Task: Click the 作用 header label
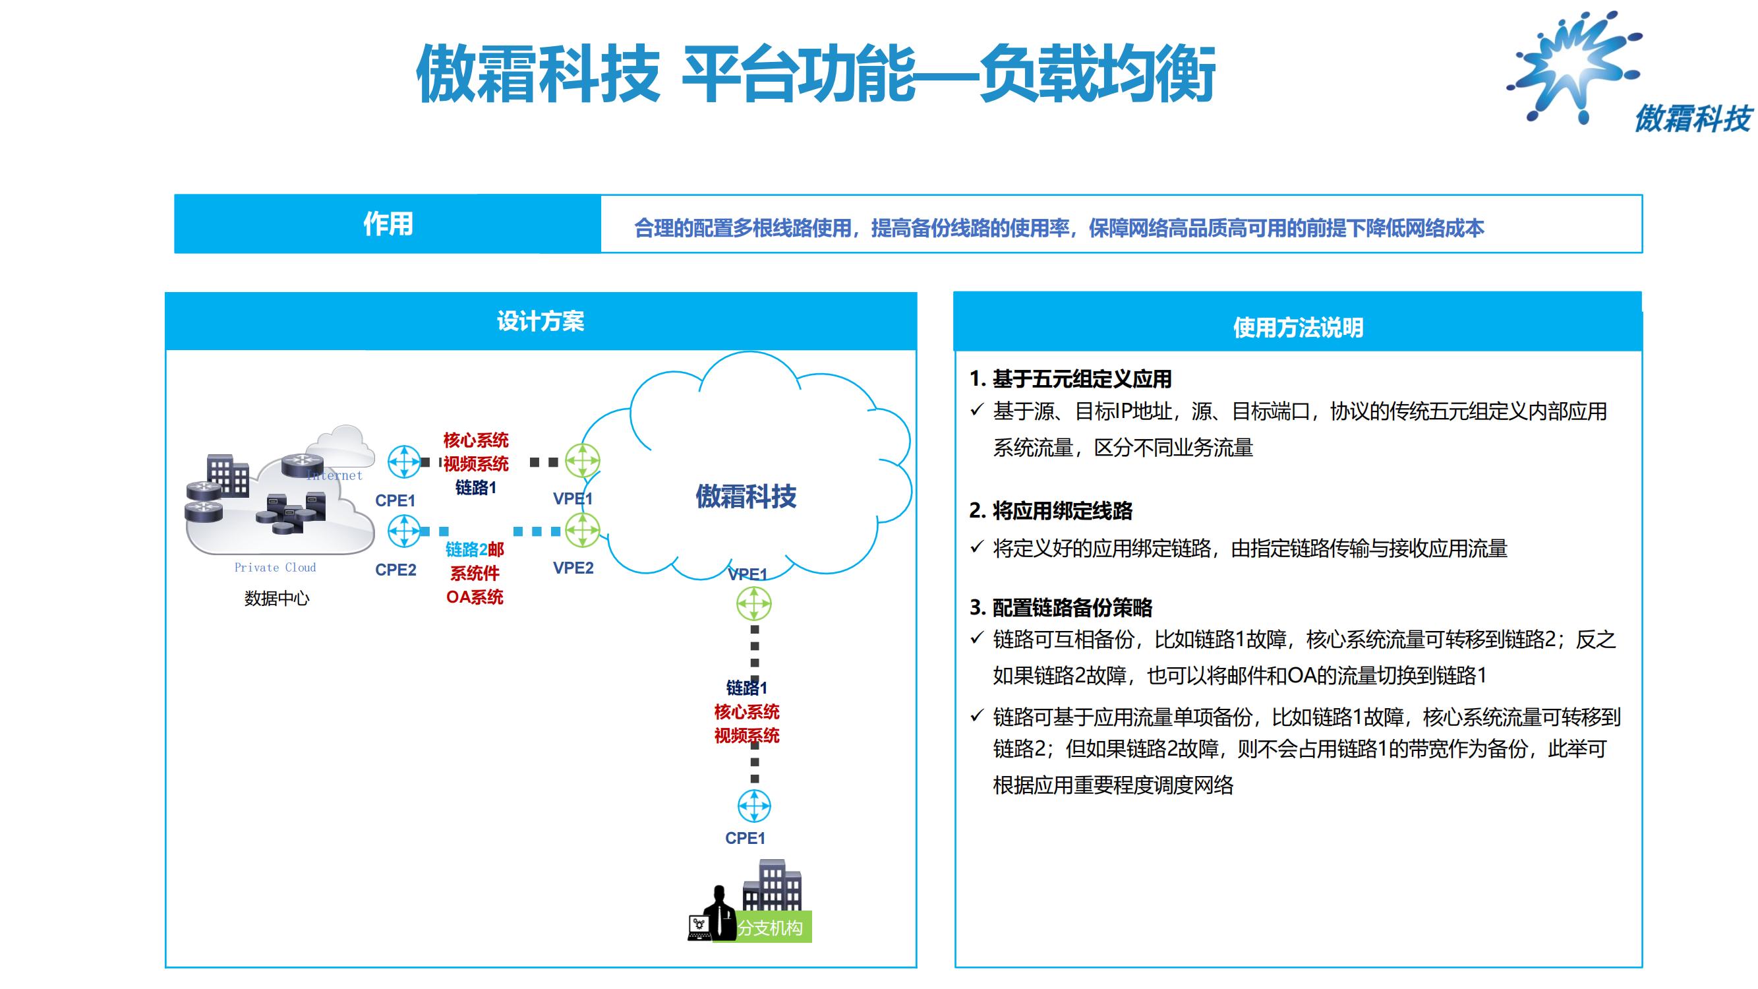click(388, 224)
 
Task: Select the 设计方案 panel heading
click(541, 322)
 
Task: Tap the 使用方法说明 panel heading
click(1297, 328)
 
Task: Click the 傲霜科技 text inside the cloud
click(746, 496)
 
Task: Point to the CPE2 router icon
click(404, 531)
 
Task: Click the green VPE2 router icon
click(582, 530)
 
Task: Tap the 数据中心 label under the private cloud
click(276, 599)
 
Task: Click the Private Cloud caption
click(275, 567)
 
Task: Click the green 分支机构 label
click(770, 928)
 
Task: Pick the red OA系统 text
click(475, 597)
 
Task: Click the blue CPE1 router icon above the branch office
click(754, 806)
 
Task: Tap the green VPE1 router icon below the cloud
click(754, 603)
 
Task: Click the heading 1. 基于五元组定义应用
click(1070, 379)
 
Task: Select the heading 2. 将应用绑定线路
click(1050, 510)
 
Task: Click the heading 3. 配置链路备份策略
click(1061, 607)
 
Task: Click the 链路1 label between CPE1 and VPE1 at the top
click(476, 487)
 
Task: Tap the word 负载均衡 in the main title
click(1098, 74)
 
